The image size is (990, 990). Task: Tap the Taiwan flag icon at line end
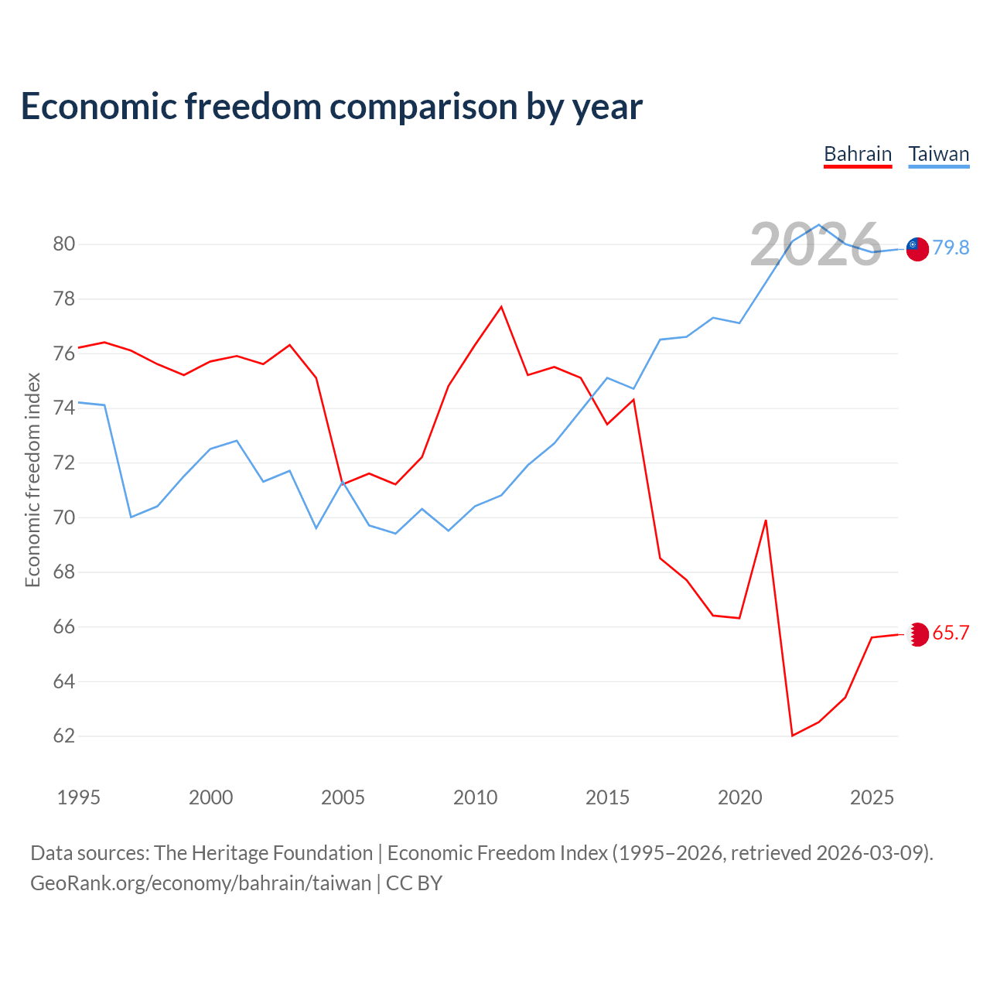pos(917,249)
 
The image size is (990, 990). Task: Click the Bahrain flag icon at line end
pos(918,634)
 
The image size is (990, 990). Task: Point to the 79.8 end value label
pos(951,247)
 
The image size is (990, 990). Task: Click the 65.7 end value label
pos(951,633)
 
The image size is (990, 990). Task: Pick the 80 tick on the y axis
pos(63,244)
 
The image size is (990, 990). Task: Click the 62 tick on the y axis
pos(63,736)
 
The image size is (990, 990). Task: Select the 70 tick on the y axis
pos(63,517)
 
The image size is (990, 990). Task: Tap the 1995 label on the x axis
pos(79,797)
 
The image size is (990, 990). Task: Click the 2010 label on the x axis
pos(475,797)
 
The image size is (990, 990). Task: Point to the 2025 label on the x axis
pos(872,797)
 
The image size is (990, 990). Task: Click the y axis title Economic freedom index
pos(32,480)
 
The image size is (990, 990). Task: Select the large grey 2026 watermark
pos(815,244)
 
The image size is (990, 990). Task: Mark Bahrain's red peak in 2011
pos(501,307)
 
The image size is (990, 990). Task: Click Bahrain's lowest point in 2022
pos(792,736)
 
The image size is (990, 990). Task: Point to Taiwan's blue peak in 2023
pos(819,224)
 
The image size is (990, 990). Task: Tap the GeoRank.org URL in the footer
pos(201,883)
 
